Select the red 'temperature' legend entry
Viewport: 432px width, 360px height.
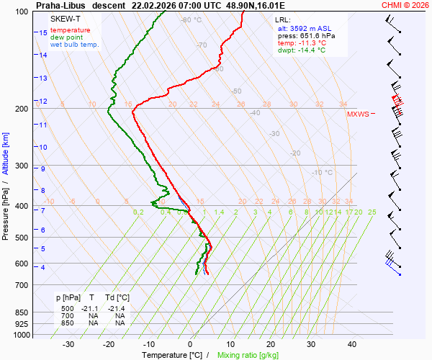pos(71,30)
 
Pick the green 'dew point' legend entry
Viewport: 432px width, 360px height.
pos(66,37)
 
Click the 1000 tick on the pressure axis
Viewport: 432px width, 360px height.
pos(22,336)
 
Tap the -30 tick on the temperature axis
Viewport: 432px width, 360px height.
pos(69,344)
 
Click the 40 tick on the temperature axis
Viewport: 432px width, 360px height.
pos(352,344)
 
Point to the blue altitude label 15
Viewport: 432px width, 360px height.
pos(43,32)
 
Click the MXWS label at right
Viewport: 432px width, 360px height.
pos(358,114)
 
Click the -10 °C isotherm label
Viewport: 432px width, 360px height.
pos(322,173)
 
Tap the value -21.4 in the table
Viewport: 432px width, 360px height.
pos(115,308)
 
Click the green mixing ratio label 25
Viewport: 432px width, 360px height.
pos(372,212)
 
